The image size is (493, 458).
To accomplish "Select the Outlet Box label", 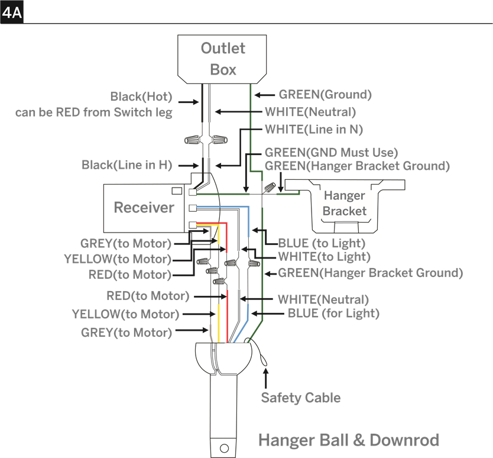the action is tap(223, 59).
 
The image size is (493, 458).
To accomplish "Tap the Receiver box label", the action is tap(144, 208).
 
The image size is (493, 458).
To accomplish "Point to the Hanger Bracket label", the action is tap(345, 203).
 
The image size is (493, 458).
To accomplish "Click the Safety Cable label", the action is tap(301, 398).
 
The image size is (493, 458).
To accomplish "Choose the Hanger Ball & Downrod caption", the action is tap(349, 440).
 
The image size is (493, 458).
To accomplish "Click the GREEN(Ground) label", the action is tap(325, 95).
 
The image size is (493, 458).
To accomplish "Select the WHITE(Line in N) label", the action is tap(314, 130).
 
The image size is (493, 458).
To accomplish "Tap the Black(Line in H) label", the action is tap(127, 165).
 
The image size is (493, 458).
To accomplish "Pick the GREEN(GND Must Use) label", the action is tap(332, 152).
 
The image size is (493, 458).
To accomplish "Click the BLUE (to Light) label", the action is tap(322, 243).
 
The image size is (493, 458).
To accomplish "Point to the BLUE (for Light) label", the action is tap(333, 313).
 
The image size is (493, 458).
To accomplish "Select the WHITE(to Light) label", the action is tap(324, 257).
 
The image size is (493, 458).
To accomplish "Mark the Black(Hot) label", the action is tap(141, 96).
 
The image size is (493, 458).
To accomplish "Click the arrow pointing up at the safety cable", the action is tap(266, 378).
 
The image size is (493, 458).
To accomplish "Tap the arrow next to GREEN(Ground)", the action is tap(264, 95).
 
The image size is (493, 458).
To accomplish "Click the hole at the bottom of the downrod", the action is tap(224, 448).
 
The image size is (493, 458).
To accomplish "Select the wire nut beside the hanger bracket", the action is tap(268, 188).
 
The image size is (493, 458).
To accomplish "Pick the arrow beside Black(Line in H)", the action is tap(189, 166).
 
